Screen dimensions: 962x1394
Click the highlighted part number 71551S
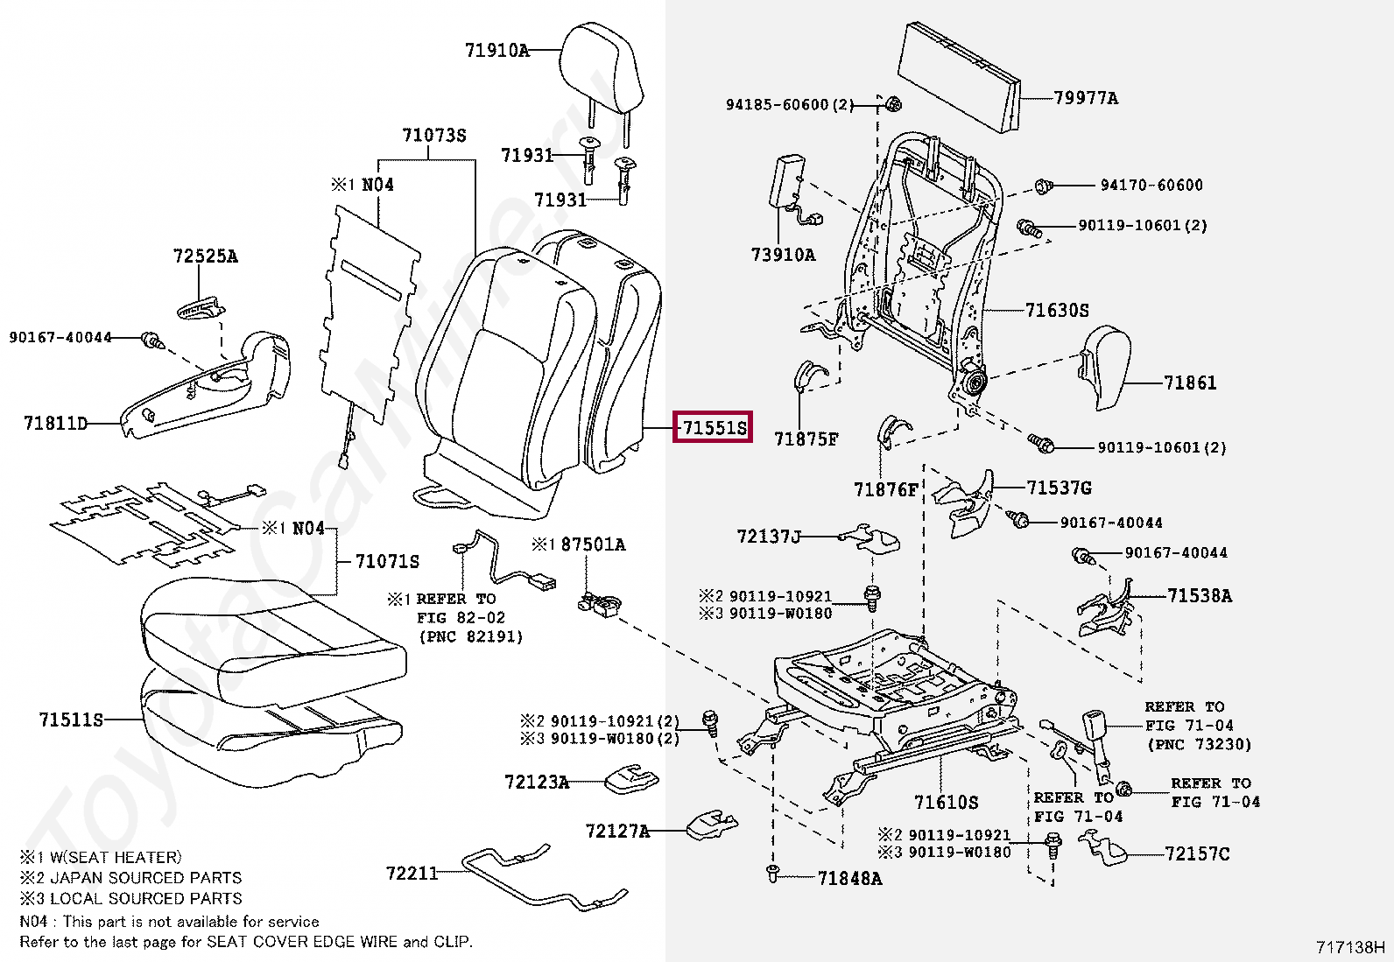pos(713,428)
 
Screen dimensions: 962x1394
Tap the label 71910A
pos(496,51)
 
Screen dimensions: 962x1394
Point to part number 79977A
pos(1086,98)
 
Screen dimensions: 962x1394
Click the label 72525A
pos(205,256)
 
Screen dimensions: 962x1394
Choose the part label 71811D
pos(56,425)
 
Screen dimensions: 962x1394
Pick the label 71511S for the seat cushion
pos(71,720)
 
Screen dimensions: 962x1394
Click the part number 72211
pos(412,873)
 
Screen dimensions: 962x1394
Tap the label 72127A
pos(618,830)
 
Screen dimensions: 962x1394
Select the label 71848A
pos(849,878)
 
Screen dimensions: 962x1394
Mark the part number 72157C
pos(1197,853)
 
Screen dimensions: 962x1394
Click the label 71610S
pos(946,802)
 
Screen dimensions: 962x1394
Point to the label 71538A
pos(1199,596)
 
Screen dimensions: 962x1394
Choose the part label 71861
pos(1190,383)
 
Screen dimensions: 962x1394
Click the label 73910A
pos(783,255)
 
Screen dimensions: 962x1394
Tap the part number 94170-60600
pos(1151,186)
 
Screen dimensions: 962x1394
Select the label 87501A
pos(593,544)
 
